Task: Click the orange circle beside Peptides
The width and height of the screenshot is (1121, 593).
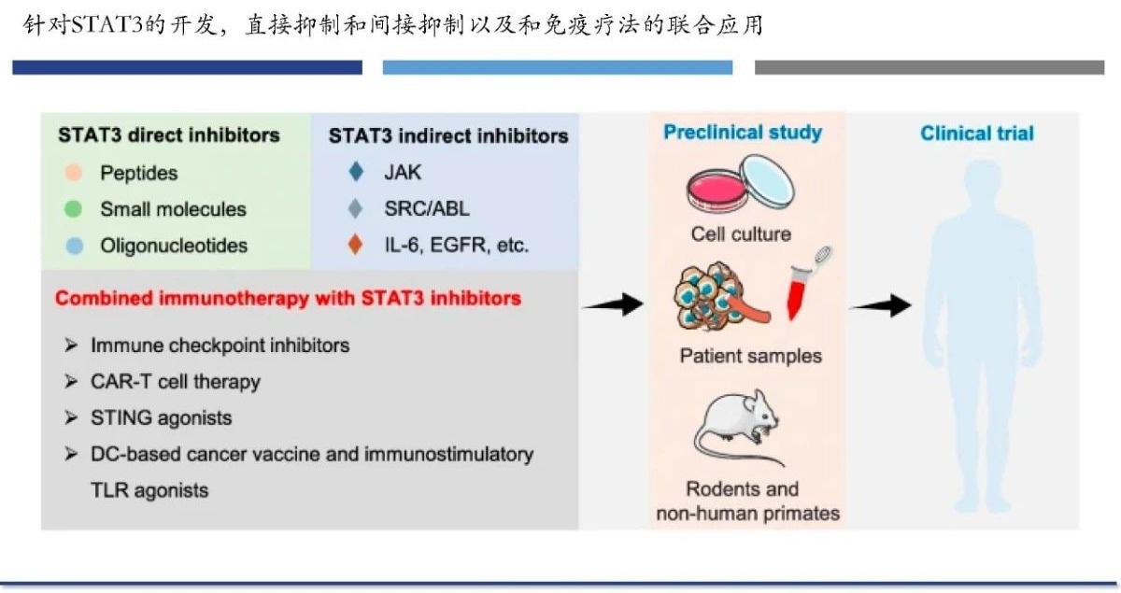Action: pyautogui.click(x=76, y=174)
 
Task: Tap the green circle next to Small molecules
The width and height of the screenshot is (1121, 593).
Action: pyautogui.click(x=76, y=209)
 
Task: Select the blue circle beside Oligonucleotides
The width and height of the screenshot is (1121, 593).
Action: pyautogui.click(x=76, y=246)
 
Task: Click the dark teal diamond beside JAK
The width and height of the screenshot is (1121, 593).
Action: pyautogui.click(x=354, y=173)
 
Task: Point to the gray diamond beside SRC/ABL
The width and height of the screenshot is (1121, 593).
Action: pyautogui.click(x=354, y=209)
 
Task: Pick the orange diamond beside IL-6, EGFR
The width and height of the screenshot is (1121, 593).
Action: pyautogui.click(x=354, y=246)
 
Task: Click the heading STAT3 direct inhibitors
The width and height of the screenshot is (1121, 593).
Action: pyautogui.click(x=168, y=134)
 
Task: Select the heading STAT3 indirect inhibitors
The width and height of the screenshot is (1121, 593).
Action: pyautogui.click(x=447, y=135)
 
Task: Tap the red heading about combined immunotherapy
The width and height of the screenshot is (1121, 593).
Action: pyautogui.click(x=288, y=299)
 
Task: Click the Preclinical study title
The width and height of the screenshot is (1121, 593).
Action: pyautogui.click(x=742, y=132)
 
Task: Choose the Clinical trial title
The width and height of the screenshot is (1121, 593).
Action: pyautogui.click(x=976, y=134)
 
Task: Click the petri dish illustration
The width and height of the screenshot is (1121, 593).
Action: pyautogui.click(x=738, y=183)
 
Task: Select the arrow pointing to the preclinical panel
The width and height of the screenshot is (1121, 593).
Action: pyautogui.click(x=613, y=304)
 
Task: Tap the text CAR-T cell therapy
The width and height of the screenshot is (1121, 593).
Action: pyautogui.click(x=175, y=381)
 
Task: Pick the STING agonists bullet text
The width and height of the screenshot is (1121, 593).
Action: pyautogui.click(x=161, y=417)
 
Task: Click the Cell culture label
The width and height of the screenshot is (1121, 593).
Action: pyautogui.click(x=740, y=233)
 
